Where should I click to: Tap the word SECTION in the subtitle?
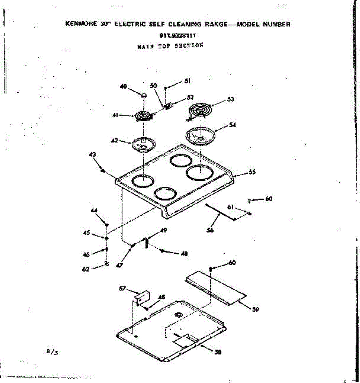pos(189,45)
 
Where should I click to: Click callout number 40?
pos(124,86)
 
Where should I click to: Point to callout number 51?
pos(187,81)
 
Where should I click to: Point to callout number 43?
pos(93,154)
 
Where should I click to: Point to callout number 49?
pos(164,230)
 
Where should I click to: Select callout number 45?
pos(86,233)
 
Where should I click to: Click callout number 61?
pos(230,208)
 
